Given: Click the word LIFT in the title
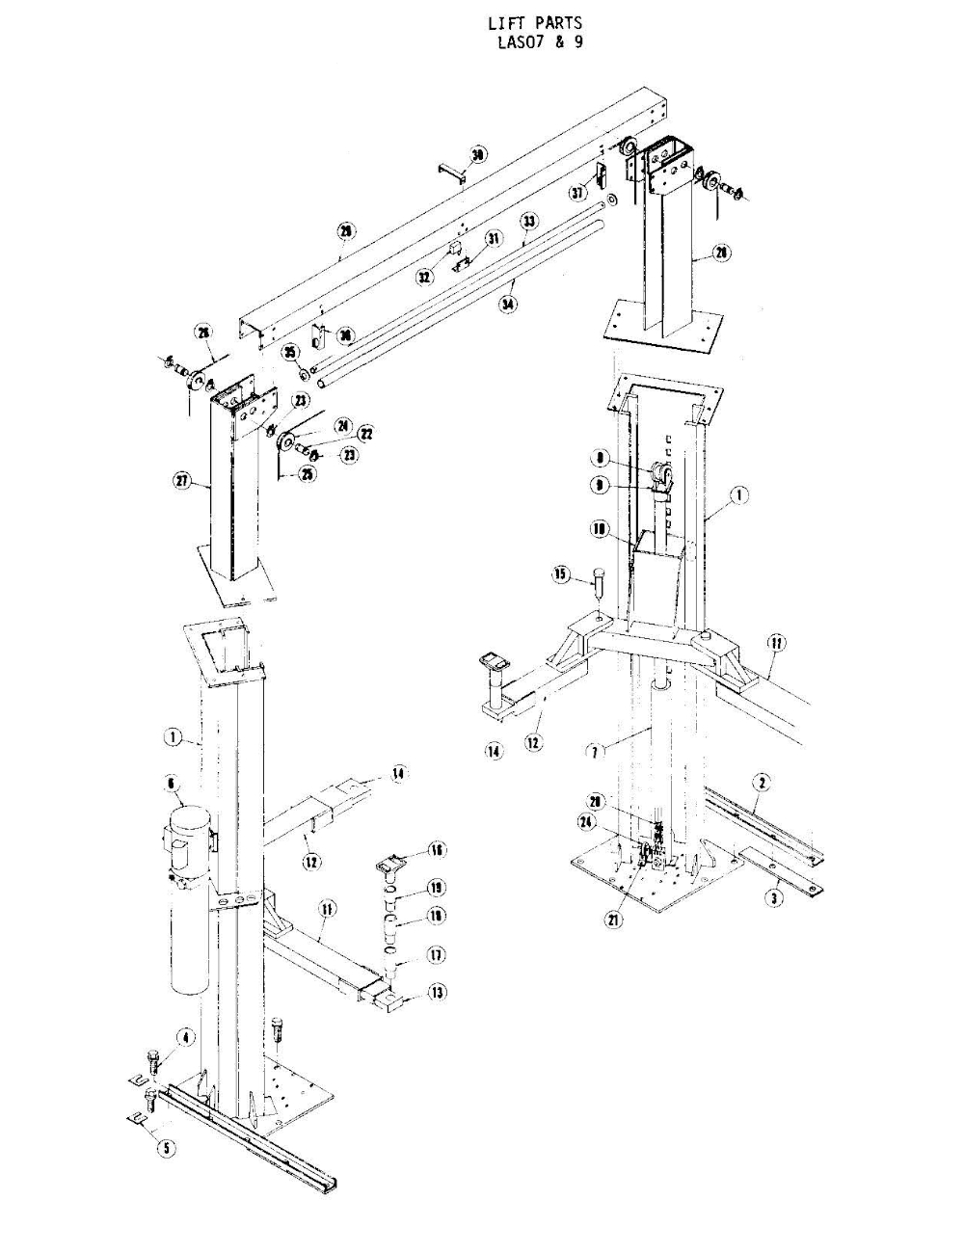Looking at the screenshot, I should (x=508, y=23).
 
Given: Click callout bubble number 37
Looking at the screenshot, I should (x=577, y=193).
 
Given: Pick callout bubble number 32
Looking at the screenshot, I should (x=424, y=277).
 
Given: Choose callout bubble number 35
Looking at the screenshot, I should (x=289, y=353).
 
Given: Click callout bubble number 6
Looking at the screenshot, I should (x=173, y=785).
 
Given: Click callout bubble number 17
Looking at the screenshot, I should (x=436, y=955).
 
